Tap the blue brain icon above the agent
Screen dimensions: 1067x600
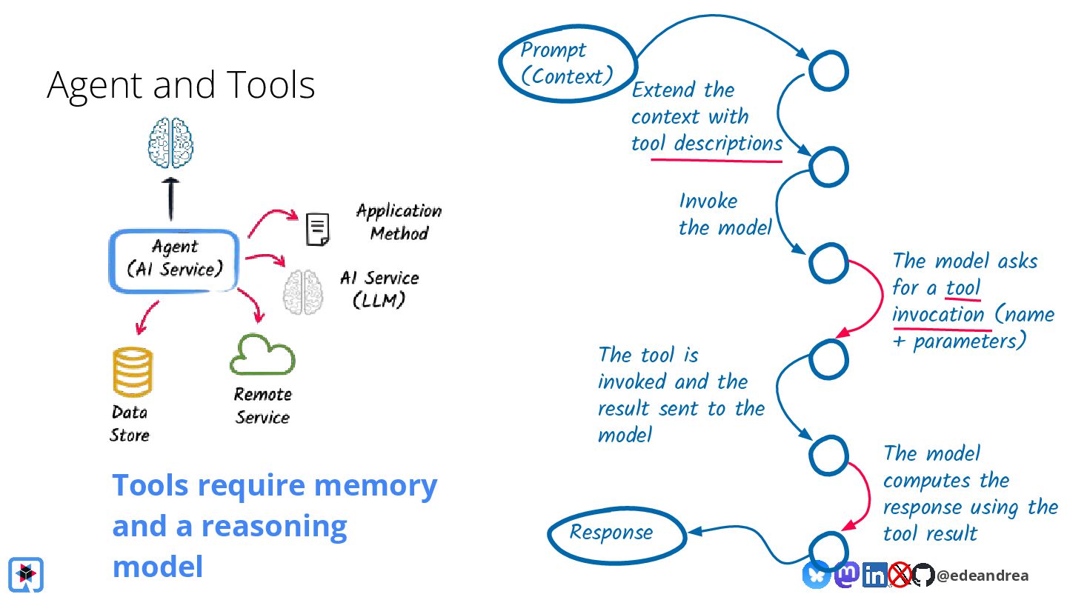click(x=170, y=143)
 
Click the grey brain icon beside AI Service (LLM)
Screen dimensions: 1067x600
click(x=303, y=292)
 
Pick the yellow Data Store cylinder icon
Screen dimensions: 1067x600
click(x=133, y=372)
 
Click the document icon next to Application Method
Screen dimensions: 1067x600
click(x=318, y=229)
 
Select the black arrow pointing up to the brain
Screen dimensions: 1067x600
click(x=170, y=199)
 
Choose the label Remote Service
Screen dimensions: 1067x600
click(x=262, y=406)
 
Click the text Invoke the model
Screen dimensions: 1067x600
click(x=725, y=214)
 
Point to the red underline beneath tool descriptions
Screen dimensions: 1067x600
click(x=717, y=161)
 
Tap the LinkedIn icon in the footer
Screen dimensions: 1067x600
click(x=874, y=575)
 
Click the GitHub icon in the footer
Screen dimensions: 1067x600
click(x=923, y=575)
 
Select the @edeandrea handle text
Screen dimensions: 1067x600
click(x=983, y=576)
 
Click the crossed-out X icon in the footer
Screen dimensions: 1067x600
click(x=900, y=575)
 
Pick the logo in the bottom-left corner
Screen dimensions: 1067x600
click(x=26, y=574)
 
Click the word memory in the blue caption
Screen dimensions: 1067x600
click(x=376, y=486)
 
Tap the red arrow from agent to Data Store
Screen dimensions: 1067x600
click(x=146, y=317)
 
